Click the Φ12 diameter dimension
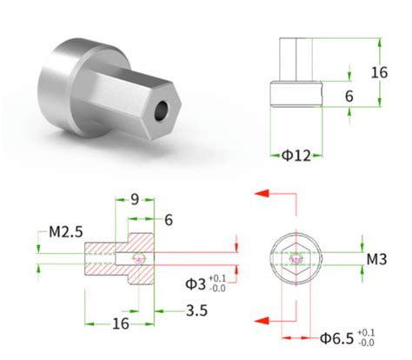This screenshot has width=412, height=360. pos(296,156)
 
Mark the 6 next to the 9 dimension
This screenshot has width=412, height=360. pos(167,221)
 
